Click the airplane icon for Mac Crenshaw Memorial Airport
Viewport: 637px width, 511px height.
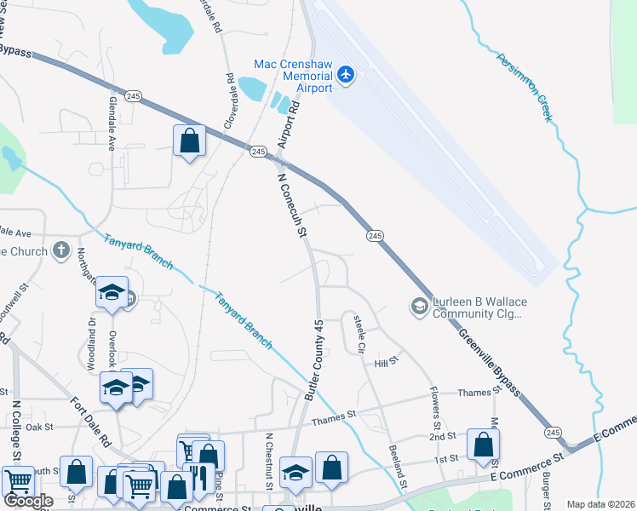pos(346,74)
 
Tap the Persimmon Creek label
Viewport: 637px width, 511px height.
pos(522,86)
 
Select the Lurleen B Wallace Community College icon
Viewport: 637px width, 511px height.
pos(419,306)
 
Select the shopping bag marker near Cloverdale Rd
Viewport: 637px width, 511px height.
pos(189,141)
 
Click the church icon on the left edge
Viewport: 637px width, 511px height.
pos(60,250)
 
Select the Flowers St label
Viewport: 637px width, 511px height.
pos(434,408)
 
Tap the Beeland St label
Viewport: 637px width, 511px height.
pos(395,465)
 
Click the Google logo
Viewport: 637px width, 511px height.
pos(28,501)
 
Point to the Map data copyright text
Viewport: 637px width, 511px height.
pos(600,504)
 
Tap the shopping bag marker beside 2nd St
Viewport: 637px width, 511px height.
pos(483,445)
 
